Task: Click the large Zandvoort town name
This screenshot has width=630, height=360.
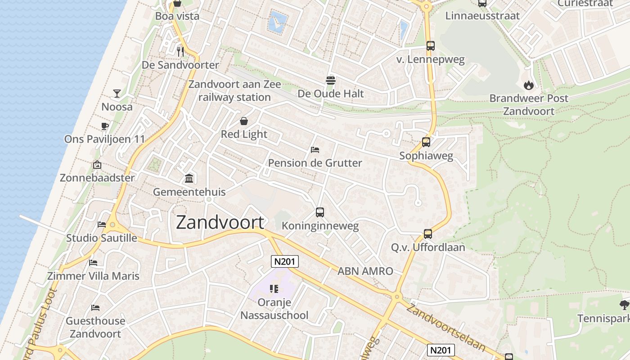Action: point(220,222)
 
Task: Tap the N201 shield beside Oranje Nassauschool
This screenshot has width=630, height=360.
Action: point(285,261)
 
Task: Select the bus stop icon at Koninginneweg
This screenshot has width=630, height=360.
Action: point(320,212)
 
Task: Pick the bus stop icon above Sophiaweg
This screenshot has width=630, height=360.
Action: point(426,142)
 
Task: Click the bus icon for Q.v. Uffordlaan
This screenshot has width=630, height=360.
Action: point(427,234)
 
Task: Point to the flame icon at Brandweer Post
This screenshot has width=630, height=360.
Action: point(528,85)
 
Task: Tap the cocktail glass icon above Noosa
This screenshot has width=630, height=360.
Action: point(117,93)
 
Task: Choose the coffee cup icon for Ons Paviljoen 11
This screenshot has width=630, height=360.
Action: point(104,126)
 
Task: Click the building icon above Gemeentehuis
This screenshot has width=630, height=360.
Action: point(189,179)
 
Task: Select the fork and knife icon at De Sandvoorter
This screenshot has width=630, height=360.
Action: point(180,51)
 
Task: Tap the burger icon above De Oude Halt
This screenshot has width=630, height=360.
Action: point(331,81)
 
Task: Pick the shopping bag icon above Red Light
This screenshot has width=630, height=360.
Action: point(244,121)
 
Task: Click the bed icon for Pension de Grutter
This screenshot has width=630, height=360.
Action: point(315,149)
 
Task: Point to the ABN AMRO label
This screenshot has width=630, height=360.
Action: point(365,271)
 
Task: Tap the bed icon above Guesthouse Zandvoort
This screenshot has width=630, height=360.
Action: point(95,308)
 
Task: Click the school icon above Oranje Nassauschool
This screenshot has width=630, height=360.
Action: point(274,289)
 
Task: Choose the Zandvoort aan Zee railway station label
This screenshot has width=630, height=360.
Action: point(234,90)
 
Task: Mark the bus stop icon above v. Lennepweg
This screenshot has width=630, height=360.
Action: point(431,45)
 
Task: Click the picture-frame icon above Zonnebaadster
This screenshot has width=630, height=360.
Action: point(97,165)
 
